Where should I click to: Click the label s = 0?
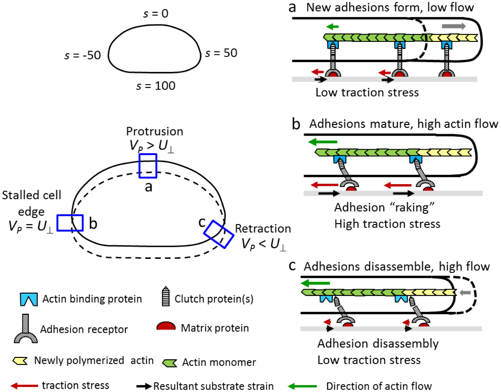pos(156,14)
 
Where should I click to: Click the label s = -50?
pos(82,56)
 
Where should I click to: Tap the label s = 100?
pos(156,86)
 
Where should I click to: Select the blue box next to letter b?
pos(70,223)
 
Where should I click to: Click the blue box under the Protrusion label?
pos(148,166)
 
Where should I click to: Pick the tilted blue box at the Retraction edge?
pos(219,234)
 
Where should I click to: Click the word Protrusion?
pos(154,132)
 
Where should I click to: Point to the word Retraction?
pos(263,229)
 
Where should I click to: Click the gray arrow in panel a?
pos(454,26)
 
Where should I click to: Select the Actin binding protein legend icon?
pos(29,299)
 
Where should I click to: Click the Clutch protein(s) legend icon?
pos(165,297)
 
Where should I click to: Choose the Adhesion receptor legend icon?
pos(26,329)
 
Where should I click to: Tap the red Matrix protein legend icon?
pos(166,326)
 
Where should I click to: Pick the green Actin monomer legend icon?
pos(170,363)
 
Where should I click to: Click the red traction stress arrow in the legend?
pos(24,386)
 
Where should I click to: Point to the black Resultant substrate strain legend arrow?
pos(144,386)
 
